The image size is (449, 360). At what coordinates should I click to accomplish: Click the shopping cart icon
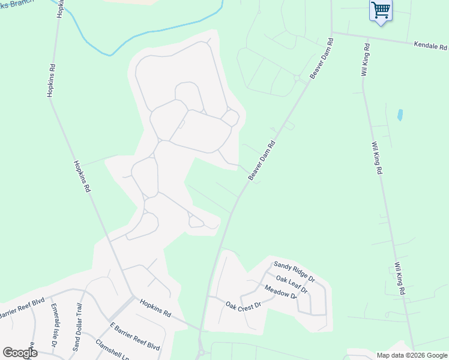pyautogui.click(x=381, y=10)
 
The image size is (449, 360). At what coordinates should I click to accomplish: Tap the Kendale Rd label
pyautogui.click(x=430, y=46)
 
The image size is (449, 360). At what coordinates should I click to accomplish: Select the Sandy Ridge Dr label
pyautogui.click(x=294, y=271)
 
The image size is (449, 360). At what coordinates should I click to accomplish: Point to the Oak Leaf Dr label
pyautogui.click(x=292, y=284)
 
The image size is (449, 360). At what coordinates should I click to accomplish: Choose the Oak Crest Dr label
pyautogui.click(x=244, y=305)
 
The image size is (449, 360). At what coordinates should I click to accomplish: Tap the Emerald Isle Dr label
pyautogui.click(x=55, y=326)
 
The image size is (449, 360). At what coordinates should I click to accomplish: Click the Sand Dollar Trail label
pyautogui.click(x=77, y=326)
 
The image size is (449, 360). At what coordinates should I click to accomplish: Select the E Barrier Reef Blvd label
pyautogui.click(x=134, y=337)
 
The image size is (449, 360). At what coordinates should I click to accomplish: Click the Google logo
pyautogui.click(x=20, y=353)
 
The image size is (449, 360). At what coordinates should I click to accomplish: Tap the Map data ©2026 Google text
pyautogui.click(x=412, y=355)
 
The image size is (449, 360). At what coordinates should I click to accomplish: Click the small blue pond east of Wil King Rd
pyautogui.click(x=400, y=114)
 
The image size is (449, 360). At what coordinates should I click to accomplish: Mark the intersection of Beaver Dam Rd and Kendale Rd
pyautogui.click(x=331, y=32)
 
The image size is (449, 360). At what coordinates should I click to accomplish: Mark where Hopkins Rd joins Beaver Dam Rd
pyautogui.click(x=200, y=329)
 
